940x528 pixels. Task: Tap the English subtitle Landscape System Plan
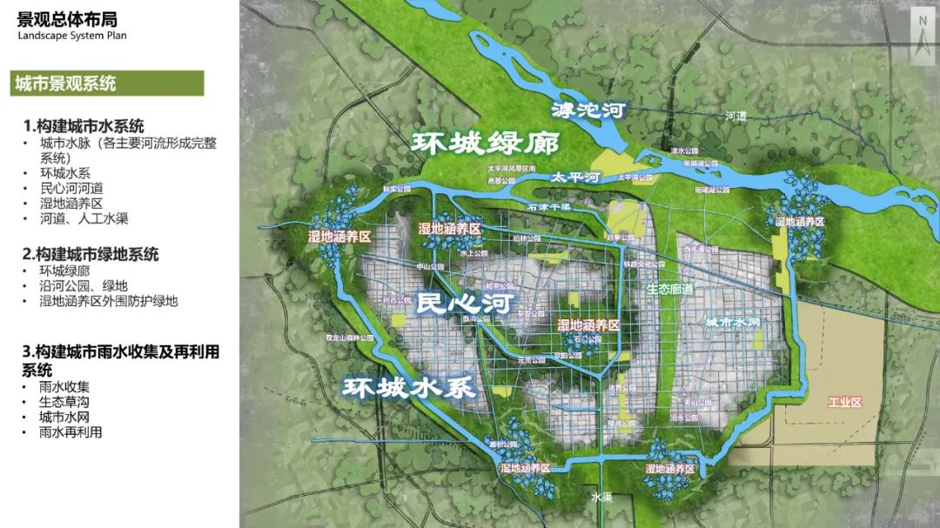72,36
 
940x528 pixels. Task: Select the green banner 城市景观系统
64,84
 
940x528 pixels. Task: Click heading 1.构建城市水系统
84,126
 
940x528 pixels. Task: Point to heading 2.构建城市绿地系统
91,254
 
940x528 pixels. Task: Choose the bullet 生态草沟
64,402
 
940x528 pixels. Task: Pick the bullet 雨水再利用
70,431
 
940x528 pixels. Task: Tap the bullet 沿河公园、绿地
84,285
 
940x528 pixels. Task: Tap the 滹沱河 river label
589,110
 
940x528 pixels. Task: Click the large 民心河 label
463,303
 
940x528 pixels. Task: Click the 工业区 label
844,403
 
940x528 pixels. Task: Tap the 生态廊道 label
670,288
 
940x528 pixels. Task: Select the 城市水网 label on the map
733,322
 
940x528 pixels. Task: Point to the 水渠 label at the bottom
601,498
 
